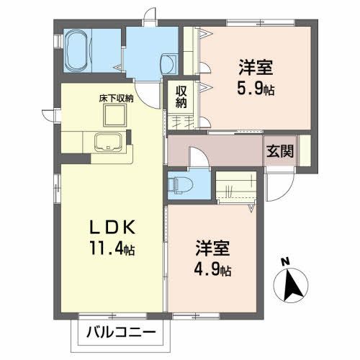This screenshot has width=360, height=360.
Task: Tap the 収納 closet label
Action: click(x=180, y=96)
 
